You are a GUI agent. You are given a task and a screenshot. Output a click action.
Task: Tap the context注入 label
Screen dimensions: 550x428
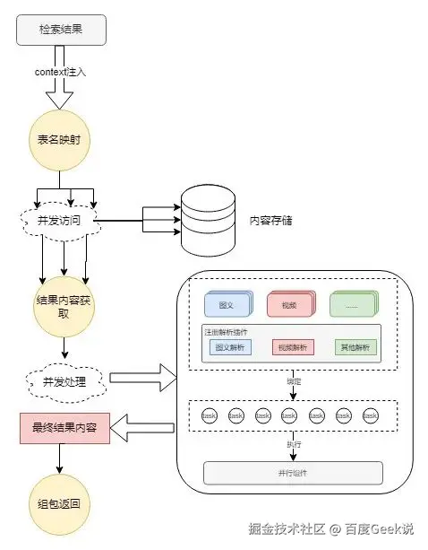coord(61,70)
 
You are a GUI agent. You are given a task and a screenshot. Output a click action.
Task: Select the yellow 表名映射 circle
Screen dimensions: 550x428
coord(61,140)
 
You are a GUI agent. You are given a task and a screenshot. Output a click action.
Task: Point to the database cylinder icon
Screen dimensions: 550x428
coord(209,220)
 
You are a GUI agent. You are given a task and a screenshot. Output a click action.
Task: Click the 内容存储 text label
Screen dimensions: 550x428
coord(274,220)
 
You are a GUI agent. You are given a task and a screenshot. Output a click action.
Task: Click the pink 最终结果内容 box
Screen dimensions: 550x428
coord(64,429)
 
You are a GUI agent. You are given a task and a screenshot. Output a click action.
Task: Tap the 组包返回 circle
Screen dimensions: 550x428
coord(61,503)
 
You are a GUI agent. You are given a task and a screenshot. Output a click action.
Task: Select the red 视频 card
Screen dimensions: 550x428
coord(288,306)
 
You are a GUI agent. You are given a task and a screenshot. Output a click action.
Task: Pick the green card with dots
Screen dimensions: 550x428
coord(351,306)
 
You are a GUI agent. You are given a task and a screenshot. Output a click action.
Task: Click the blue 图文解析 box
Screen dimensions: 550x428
coord(230,347)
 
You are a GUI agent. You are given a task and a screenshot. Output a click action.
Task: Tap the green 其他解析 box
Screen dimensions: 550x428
coord(356,347)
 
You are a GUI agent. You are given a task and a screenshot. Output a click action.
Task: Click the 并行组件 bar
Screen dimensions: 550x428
coord(293,473)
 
